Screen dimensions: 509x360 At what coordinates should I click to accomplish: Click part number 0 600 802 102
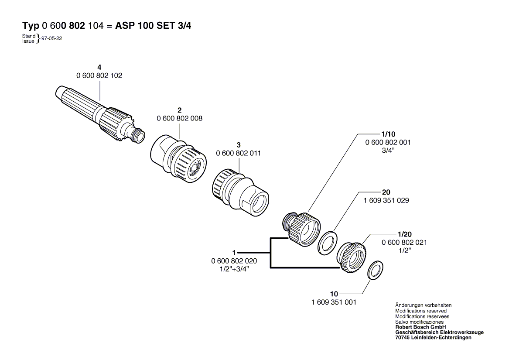pos(99,75)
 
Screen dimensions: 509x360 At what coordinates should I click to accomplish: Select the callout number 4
pos(99,67)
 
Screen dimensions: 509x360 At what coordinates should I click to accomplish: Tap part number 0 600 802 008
pos(180,118)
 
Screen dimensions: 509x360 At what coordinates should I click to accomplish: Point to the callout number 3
pos(239,145)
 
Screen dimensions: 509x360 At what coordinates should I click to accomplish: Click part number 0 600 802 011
pos(239,153)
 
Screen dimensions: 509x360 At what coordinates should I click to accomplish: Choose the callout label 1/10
pos(388,134)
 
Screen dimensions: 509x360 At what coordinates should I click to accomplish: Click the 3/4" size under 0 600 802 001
pos(388,151)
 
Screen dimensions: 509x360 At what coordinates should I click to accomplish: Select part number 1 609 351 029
pos(386,200)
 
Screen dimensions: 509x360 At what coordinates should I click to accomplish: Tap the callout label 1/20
pos(404,234)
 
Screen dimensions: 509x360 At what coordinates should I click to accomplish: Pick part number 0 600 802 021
pos(404,242)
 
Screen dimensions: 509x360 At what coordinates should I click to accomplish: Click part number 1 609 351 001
pos(334,302)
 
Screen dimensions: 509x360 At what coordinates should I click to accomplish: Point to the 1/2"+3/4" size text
pos(234,269)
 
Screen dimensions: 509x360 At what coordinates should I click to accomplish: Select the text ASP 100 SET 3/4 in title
pos(153,26)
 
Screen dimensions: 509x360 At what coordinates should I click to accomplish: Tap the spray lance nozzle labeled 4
pos(100,114)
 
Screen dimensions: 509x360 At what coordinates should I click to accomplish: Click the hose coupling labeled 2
pos(178,160)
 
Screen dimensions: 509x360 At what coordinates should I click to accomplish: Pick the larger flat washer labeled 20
pos(327,243)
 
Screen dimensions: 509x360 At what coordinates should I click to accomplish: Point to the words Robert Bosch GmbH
pos(421,327)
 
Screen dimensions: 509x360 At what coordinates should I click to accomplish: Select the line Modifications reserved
pos(421,311)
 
